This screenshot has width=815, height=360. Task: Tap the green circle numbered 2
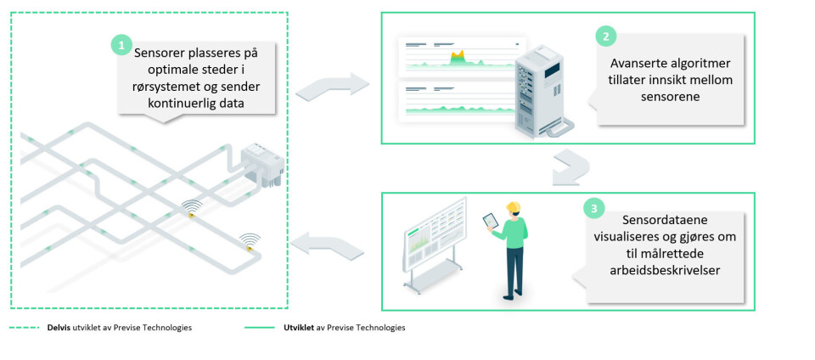[605, 36]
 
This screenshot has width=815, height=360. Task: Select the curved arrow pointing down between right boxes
[567, 169]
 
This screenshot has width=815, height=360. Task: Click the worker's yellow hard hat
[513, 208]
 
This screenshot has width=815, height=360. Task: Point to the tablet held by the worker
[491, 221]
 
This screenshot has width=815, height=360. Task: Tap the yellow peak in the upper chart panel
[458, 57]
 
